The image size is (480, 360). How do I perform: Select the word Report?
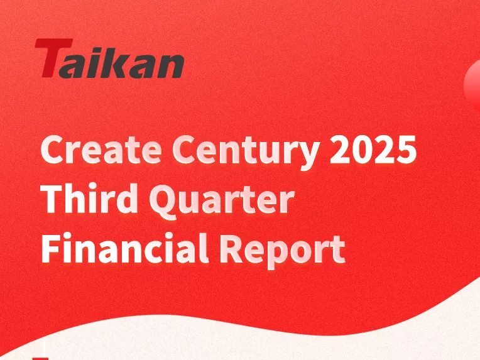point(282,251)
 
